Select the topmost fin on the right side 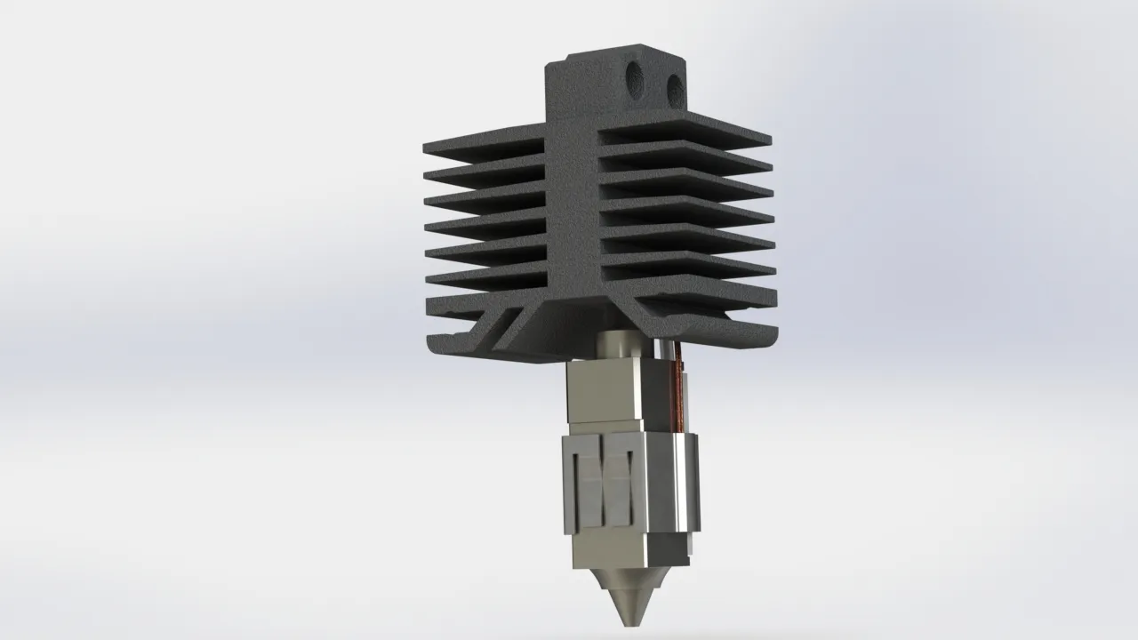pyautogui.click(x=685, y=131)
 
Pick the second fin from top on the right pyautogui.click(x=685, y=157)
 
